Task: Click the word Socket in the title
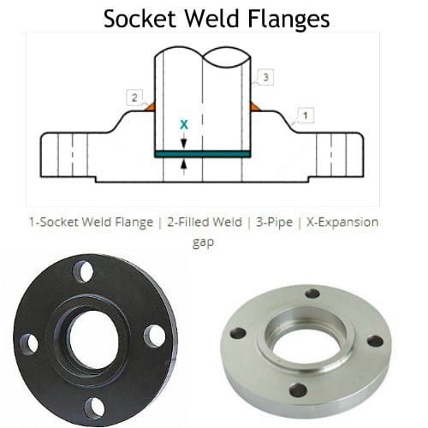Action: coord(140,18)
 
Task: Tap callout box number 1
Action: coord(306,116)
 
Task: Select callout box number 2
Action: coord(134,98)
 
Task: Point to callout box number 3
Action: coord(265,77)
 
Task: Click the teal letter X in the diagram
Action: coord(184,125)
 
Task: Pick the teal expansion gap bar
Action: coord(203,154)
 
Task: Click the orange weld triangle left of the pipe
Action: coord(150,107)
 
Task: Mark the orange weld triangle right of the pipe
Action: coord(255,107)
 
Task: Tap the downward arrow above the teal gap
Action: coord(184,141)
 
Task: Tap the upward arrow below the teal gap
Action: coord(184,166)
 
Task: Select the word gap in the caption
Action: coord(203,242)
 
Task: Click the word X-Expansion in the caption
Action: coord(342,222)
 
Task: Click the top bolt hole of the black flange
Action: coord(83,271)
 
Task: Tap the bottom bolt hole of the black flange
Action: coord(94,408)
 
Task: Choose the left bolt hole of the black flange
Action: coord(29,344)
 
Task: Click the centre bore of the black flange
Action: coord(93,339)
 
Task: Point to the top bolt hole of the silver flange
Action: coord(313,294)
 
